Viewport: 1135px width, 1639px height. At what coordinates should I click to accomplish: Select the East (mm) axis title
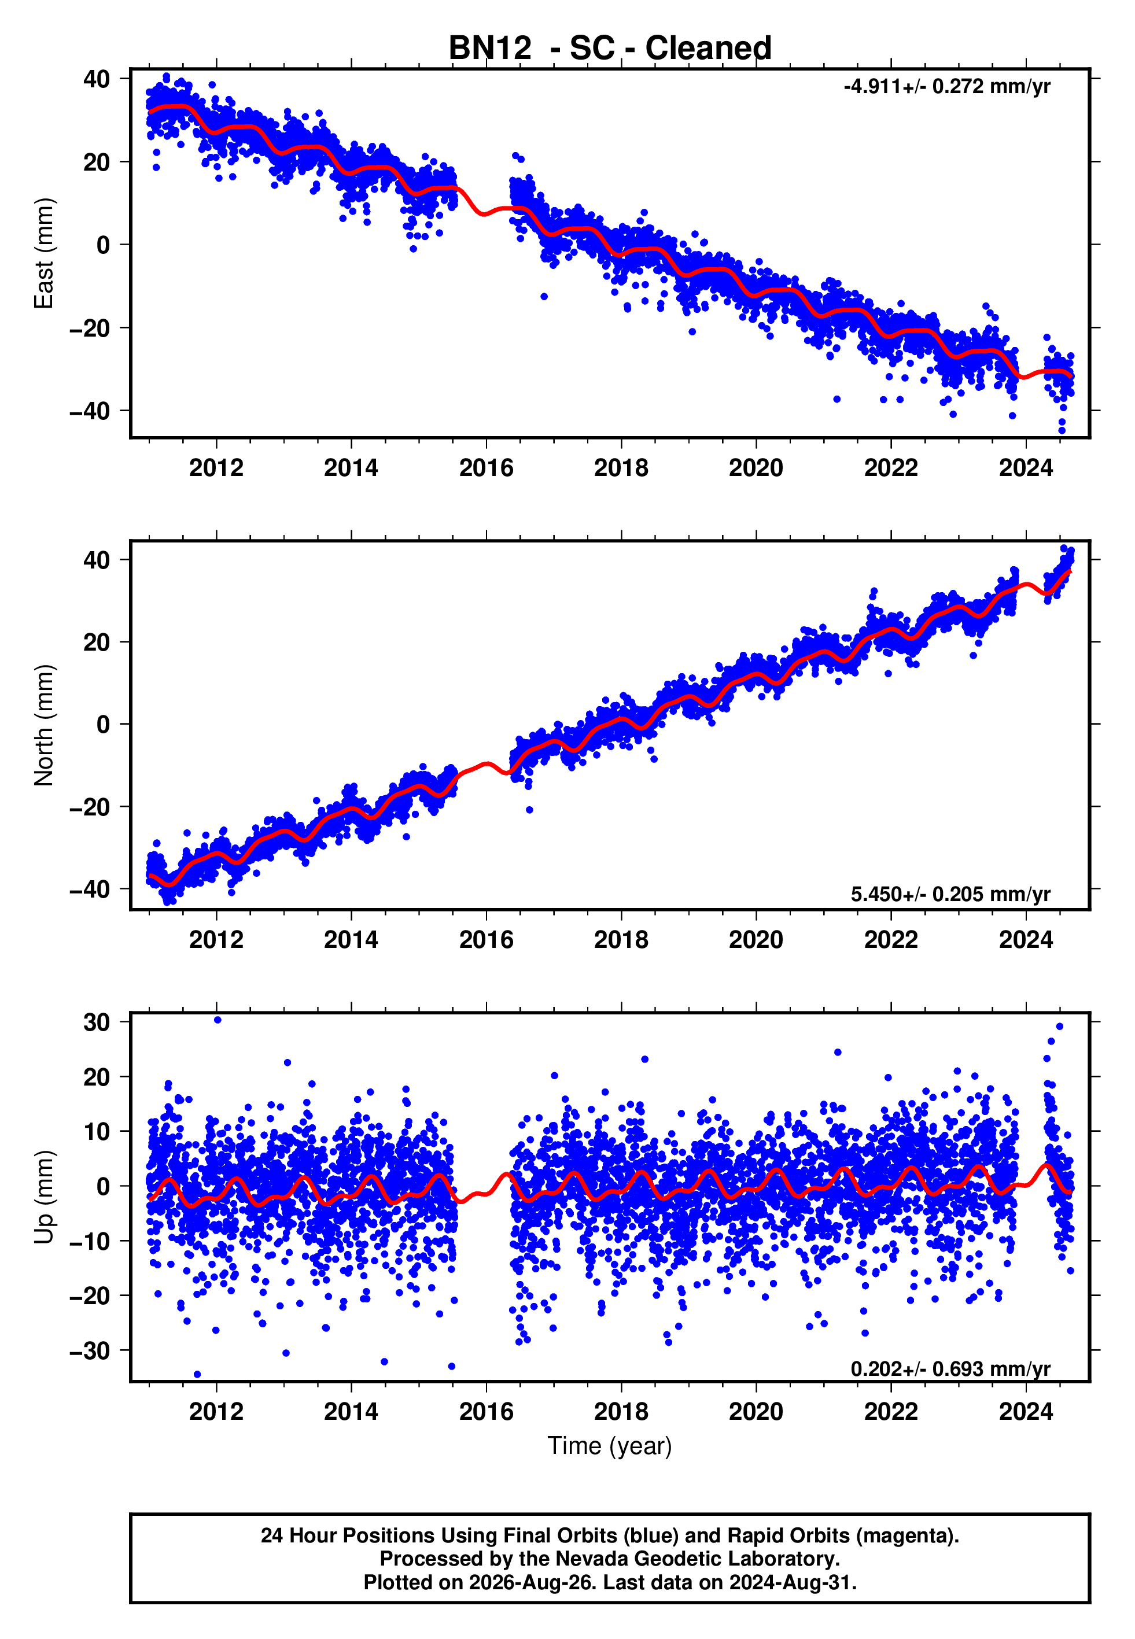pyautogui.click(x=44, y=254)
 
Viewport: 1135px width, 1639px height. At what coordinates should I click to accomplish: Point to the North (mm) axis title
pyautogui.click(x=44, y=725)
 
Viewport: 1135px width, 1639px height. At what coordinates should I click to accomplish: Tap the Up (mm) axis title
pyautogui.click(x=44, y=1198)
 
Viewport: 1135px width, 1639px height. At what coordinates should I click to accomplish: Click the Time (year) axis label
pyautogui.click(x=610, y=1446)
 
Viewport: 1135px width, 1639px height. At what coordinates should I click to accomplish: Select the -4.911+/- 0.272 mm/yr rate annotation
pyautogui.click(x=946, y=87)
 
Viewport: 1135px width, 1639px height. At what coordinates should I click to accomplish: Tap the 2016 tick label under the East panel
pyautogui.click(x=487, y=468)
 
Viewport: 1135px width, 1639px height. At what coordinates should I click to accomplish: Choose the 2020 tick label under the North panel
pyautogui.click(x=756, y=940)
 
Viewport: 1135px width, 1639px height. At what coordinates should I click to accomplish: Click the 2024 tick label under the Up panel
pyautogui.click(x=1026, y=1412)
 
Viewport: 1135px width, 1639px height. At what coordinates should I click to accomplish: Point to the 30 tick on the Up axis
pyautogui.click(x=97, y=1022)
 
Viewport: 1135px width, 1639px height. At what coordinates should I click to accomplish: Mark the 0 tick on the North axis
pyautogui.click(x=104, y=724)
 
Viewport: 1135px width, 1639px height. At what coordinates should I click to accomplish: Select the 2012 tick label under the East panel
pyautogui.click(x=216, y=468)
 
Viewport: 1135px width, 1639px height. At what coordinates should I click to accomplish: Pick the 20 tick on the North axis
pyautogui.click(x=97, y=642)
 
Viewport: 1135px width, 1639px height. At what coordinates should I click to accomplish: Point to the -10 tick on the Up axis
pyautogui.click(x=90, y=1241)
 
